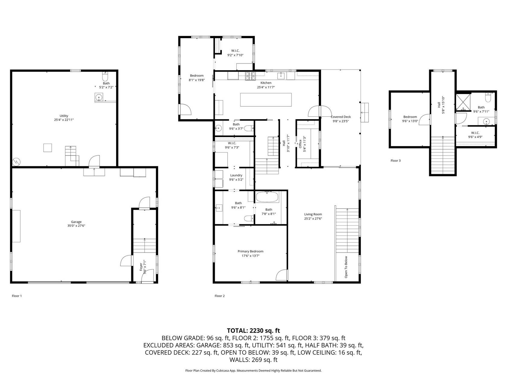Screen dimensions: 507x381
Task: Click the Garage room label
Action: pos(76,222)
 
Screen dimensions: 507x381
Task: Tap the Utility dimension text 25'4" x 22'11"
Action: pos(64,120)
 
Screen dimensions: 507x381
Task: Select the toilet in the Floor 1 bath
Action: pos(105,76)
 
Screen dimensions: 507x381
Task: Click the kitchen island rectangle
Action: pos(266,100)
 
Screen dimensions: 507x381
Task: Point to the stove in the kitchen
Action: pos(250,76)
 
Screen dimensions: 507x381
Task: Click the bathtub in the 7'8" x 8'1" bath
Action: pos(267,197)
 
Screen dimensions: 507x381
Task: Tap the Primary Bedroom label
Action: pos(250,251)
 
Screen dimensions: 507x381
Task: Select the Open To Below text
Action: pos(346,267)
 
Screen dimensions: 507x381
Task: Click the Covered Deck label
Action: pos(341,117)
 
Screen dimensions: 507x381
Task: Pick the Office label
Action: pos(300,144)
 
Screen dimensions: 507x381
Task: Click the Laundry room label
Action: pos(236,175)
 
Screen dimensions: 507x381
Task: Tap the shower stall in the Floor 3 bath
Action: pos(463,102)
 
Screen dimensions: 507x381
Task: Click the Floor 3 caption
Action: pos(396,161)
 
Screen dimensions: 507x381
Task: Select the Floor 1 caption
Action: pos(17,296)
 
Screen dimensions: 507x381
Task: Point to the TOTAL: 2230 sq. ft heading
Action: pos(253,331)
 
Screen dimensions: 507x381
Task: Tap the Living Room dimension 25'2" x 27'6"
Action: pos(313,219)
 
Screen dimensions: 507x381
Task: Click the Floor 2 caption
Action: pos(220,296)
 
